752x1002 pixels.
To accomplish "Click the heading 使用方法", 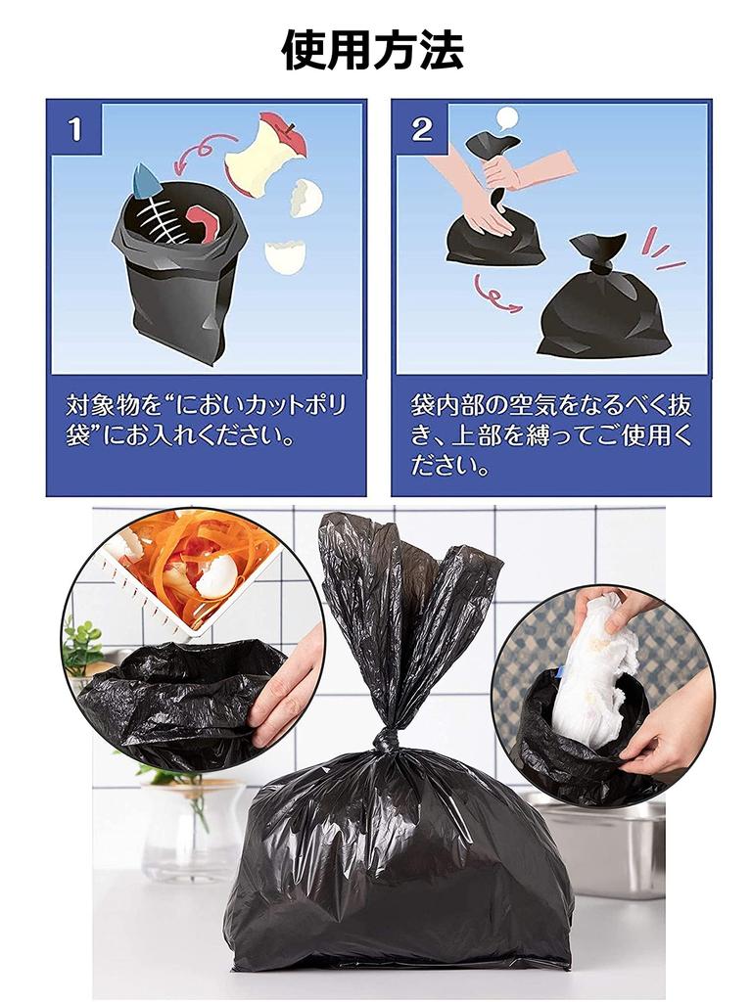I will [372, 50].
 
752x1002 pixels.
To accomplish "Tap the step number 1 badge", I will [75, 129].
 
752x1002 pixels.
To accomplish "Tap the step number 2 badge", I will [422, 129].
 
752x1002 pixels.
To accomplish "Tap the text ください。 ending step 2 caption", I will [449, 465].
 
